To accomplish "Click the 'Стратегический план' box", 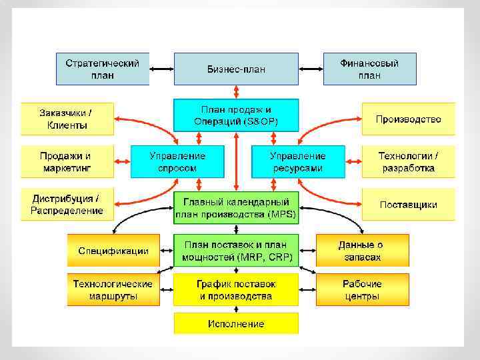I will pyautogui.click(x=103, y=69).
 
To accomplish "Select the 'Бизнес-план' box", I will pyautogui.click(x=236, y=69).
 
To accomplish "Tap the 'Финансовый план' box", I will pyautogui.click(x=369, y=69).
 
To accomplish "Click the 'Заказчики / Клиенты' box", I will pyautogui.click(x=67, y=119).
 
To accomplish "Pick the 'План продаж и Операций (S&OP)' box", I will pyautogui.click(x=236, y=115).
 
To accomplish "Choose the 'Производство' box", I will pyautogui.click(x=408, y=119).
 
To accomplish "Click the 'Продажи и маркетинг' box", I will pyautogui.click(x=67, y=161).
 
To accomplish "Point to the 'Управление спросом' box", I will pyautogui.click(x=177, y=161).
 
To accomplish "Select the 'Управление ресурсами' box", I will pyautogui.click(x=298, y=161).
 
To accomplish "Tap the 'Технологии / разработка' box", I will pyautogui.click(x=408, y=161).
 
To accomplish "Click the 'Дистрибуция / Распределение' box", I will pyautogui.click(x=67, y=204).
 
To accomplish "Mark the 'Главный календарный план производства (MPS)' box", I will pyautogui.click(x=236, y=207).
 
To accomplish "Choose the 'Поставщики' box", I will pyautogui.click(x=408, y=204).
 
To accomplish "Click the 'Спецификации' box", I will pyautogui.click(x=113, y=251).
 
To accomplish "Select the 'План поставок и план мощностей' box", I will pyautogui.click(x=236, y=251).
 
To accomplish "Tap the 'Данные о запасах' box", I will pyautogui.click(x=362, y=251).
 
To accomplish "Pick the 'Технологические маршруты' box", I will pyautogui.click(x=113, y=289).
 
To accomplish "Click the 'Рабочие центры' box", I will pyautogui.click(x=362, y=289).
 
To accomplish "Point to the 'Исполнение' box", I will pyautogui.click(x=236, y=323).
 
